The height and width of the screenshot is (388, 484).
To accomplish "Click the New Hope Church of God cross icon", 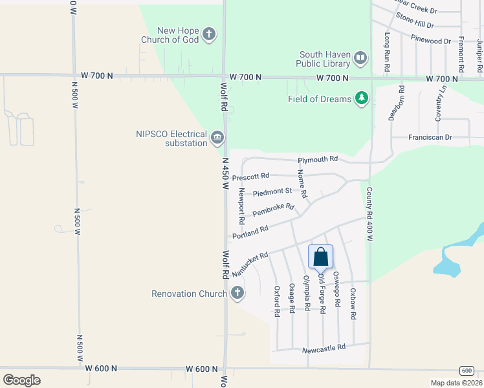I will pyautogui.click(x=208, y=34).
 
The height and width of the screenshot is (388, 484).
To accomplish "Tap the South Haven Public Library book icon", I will pyautogui.click(x=360, y=59).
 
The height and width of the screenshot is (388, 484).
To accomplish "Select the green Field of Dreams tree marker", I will pyautogui.click(x=362, y=99).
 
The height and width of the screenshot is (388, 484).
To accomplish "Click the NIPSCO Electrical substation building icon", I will pyautogui.click(x=217, y=137).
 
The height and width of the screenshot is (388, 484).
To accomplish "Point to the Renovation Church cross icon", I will pyautogui.click(x=237, y=293).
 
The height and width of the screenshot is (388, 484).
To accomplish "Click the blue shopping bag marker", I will pyautogui.click(x=320, y=257).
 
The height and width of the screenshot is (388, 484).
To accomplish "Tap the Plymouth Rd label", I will pyautogui.click(x=318, y=159).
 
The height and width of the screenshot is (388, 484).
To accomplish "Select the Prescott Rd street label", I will pyautogui.click(x=250, y=177).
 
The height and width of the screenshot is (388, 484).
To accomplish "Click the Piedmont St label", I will pyautogui.click(x=272, y=192).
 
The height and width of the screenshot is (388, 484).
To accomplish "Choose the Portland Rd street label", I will pyautogui.click(x=250, y=232).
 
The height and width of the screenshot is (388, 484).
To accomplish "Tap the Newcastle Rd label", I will pyautogui.click(x=324, y=348).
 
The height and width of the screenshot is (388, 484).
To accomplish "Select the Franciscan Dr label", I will pyautogui.click(x=430, y=138).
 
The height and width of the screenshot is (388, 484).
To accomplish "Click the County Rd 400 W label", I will pyautogui.click(x=369, y=215).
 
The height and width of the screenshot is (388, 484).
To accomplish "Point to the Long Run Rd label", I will pyautogui.click(x=387, y=52).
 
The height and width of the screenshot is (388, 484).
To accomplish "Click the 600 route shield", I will pyautogui.click(x=467, y=370).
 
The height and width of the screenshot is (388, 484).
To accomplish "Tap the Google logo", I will pyautogui.click(x=21, y=380).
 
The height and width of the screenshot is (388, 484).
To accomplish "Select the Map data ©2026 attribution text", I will pyautogui.click(x=456, y=383).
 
